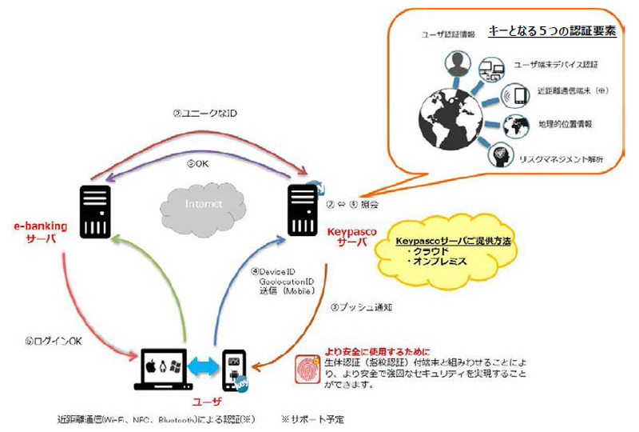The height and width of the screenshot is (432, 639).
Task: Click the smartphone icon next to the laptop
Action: click(234, 370)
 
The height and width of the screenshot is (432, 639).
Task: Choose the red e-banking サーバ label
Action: click(43, 232)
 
